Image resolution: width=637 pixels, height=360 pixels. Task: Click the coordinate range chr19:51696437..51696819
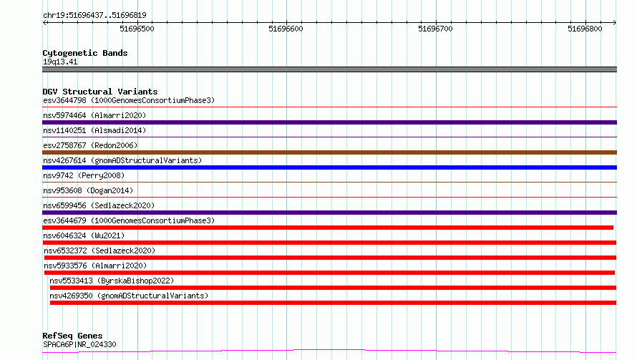tap(94, 15)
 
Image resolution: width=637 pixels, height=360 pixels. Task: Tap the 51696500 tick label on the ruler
tap(137, 29)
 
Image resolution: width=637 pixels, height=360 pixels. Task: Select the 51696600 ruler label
tap(286, 29)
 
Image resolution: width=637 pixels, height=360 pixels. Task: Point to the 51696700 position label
tap(435, 29)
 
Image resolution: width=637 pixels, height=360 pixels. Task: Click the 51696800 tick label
tap(585, 29)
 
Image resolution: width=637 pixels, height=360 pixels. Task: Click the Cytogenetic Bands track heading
tap(85, 53)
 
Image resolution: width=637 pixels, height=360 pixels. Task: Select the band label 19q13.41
tap(60, 62)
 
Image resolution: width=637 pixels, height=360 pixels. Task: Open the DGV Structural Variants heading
tap(100, 92)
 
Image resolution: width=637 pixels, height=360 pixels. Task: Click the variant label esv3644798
tap(64, 100)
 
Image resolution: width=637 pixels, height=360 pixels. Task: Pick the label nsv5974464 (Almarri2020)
tap(94, 115)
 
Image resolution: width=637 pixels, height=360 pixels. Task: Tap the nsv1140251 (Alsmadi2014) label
tap(94, 130)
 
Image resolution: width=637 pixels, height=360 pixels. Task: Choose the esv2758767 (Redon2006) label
tap(90, 145)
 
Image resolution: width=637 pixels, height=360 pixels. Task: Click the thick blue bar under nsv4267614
tap(329, 167)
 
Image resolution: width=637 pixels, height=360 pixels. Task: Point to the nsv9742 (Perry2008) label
tap(84, 175)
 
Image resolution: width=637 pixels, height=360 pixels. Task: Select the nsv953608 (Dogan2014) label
tap(88, 190)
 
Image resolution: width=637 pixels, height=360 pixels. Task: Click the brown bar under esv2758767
tap(329, 152)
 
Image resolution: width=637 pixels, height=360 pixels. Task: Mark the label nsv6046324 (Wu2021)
tap(84, 235)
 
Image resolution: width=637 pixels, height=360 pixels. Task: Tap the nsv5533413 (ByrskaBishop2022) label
tap(112, 281)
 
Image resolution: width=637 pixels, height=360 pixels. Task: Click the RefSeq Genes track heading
tap(72, 336)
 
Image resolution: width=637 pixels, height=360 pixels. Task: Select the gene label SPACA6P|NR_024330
tap(79, 344)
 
